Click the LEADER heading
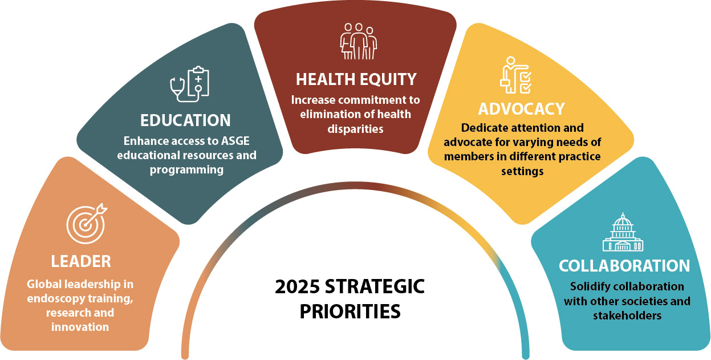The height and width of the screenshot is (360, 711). pos(81,261)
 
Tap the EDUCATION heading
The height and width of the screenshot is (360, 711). pos(185,120)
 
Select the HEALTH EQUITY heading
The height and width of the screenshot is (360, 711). pos(356,78)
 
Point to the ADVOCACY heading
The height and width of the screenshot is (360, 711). pos(522,108)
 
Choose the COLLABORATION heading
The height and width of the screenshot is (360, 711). pos(624,266)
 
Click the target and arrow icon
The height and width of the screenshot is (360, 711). pos(86,223)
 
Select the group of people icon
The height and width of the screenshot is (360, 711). pos(356,41)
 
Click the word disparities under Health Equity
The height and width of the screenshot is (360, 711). pos(355,128)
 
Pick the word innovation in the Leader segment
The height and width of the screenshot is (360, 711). pos(80,327)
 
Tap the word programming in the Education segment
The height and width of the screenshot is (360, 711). pos(185,169)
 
